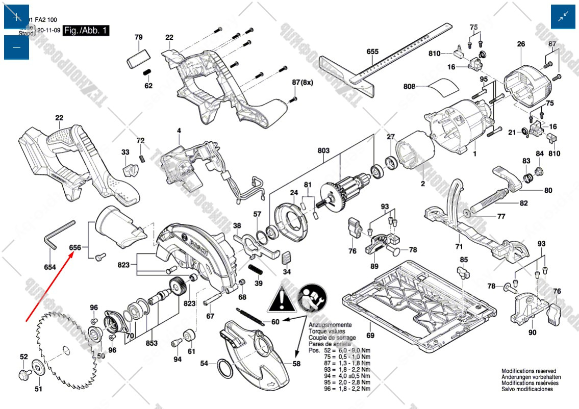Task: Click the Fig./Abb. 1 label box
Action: [86, 31]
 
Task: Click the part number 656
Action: [75, 247]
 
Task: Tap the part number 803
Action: [323, 151]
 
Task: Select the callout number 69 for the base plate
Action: [370, 335]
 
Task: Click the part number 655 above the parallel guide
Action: [372, 52]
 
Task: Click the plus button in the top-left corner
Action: [17, 17]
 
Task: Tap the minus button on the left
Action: [17, 47]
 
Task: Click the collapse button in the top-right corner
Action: [563, 17]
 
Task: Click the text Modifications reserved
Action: [528, 371]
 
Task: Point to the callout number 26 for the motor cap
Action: [521, 44]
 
